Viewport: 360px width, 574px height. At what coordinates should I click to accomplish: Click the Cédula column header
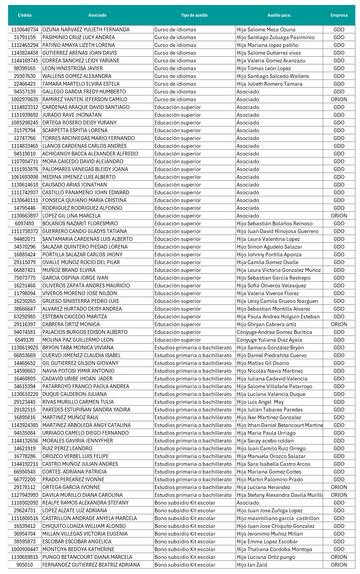(x=24, y=15)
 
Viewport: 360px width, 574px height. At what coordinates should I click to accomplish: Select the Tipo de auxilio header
(x=194, y=15)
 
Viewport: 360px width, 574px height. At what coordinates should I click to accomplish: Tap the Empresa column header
(x=339, y=15)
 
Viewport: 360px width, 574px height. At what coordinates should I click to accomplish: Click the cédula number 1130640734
(x=25, y=29)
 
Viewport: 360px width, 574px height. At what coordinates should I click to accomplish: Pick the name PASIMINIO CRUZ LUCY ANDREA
(x=78, y=37)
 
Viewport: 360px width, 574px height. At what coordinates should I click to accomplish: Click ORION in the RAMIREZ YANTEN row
(x=339, y=99)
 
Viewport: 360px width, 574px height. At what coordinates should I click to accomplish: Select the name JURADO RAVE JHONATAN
(x=72, y=115)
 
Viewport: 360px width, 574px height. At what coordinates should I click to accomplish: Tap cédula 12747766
(x=25, y=138)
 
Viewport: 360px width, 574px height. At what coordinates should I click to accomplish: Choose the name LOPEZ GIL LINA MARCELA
(x=71, y=216)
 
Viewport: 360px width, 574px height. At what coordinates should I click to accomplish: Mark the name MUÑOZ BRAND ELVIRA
(x=69, y=270)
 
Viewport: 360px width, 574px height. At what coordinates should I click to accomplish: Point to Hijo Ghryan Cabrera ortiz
(x=266, y=324)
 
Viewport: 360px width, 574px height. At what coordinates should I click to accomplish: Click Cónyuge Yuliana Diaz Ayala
(x=269, y=340)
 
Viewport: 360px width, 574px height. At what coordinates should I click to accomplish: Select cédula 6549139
(x=25, y=340)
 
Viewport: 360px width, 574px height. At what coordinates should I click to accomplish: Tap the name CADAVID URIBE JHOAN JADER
(x=77, y=379)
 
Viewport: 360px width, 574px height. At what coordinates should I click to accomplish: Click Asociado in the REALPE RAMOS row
(x=247, y=503)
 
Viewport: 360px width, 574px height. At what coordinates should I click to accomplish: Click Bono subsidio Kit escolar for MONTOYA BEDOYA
(x=185, y=549)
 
